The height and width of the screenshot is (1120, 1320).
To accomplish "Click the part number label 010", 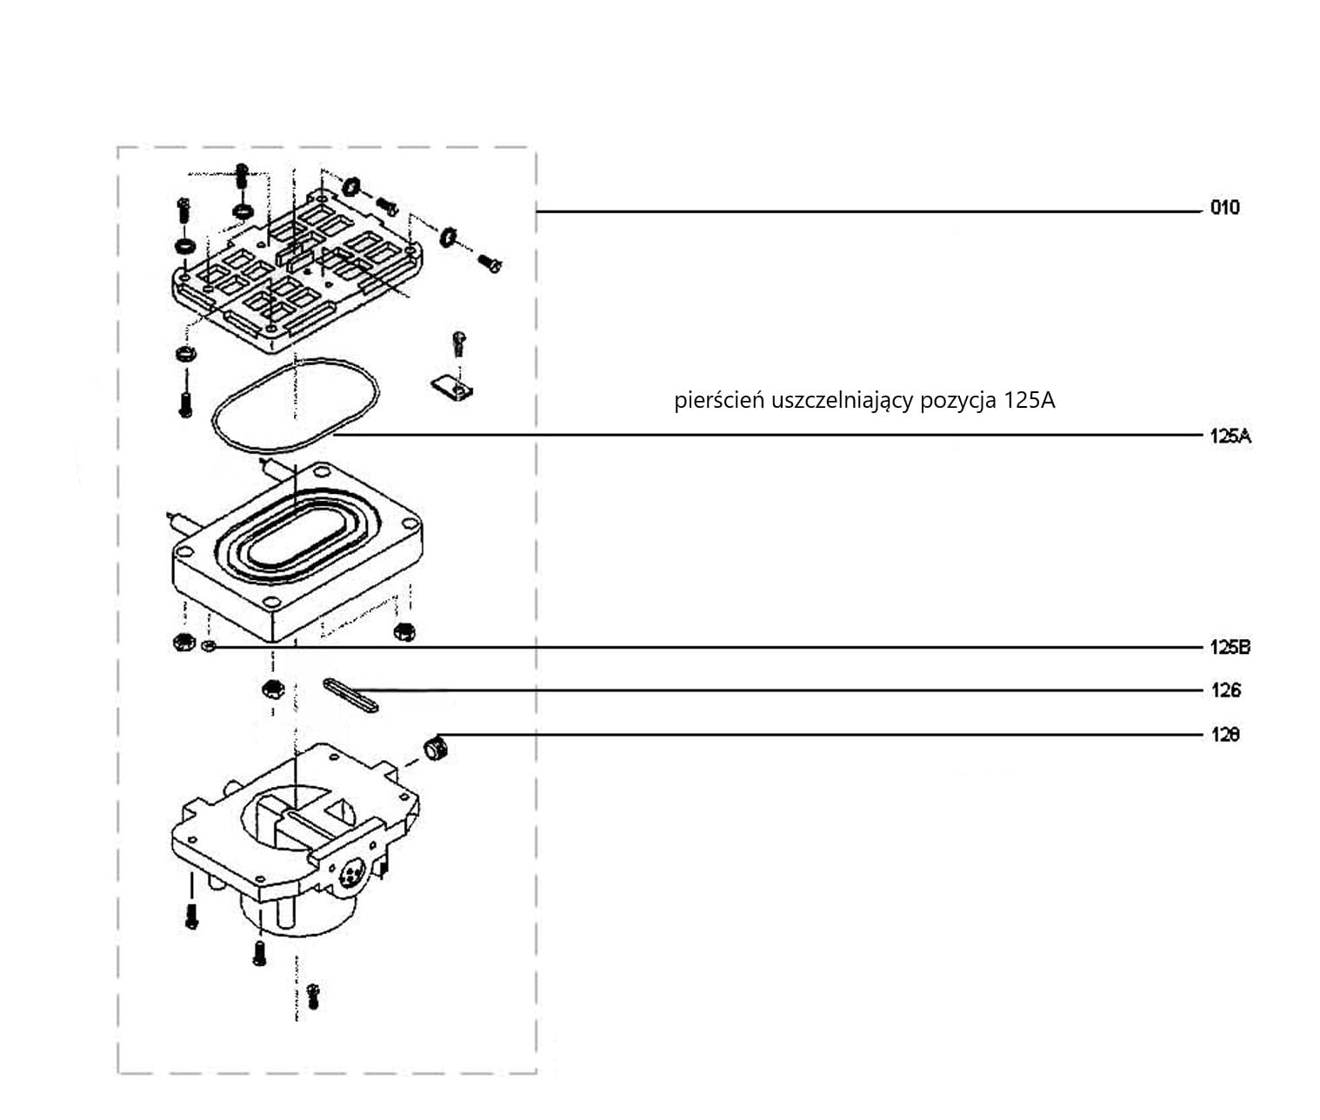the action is point(1224,208).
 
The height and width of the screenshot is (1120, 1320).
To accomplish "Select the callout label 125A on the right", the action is point(1230,437).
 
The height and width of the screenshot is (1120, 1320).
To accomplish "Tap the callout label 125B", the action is point(1230,648).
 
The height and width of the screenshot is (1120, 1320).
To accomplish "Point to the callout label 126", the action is point(1225,690).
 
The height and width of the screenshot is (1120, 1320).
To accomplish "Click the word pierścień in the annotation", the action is point(719,400).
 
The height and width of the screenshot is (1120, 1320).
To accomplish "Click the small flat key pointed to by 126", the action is point(351,694).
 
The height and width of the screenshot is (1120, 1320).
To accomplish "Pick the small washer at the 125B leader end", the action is point(209,646).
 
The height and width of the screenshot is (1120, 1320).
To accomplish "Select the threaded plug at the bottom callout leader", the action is point(435,748).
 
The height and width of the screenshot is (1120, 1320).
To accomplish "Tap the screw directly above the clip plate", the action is point(459,343).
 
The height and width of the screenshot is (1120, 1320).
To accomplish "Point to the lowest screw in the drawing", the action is point(312,996).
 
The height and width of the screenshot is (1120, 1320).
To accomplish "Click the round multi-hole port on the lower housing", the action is point(352,871).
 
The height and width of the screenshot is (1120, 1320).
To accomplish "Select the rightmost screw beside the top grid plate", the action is point(490,263).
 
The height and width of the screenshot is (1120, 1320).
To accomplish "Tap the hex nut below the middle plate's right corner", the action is point(404,631).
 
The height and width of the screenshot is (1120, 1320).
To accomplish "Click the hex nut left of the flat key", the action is point(273,690).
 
